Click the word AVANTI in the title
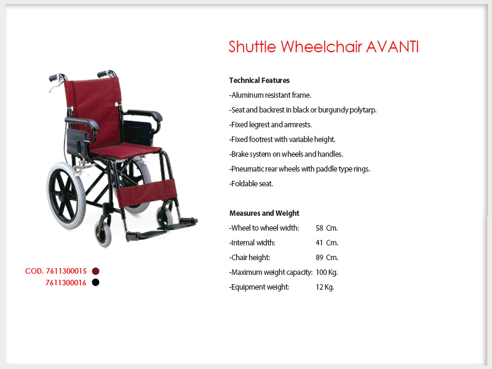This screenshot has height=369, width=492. tap(392, 47)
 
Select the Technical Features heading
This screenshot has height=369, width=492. tap(259, 81)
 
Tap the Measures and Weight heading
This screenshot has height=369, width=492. tap(264, 213)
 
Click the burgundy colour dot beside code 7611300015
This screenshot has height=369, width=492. tap(96, 271)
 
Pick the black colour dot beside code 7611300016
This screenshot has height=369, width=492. tap(96, 282)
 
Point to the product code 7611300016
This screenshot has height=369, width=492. tap(66, 283)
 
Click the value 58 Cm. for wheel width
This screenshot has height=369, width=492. tap(327, 228)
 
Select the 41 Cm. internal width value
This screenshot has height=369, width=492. tap(327, 243)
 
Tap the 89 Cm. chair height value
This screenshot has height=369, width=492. tap(327, 258)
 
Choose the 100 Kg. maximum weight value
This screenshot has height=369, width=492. tap(327, 272)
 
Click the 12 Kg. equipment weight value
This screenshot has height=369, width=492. tap(325, 287)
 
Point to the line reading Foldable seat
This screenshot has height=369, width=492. tap(251, 183)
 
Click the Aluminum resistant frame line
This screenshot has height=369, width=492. tap(270, 95)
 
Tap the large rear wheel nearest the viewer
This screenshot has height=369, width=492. tap(66, 195)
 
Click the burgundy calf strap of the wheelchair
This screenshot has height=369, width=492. tap(146, 192)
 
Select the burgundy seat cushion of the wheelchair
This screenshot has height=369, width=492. tap(125, 151)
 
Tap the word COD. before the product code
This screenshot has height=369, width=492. tap(34, 271)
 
